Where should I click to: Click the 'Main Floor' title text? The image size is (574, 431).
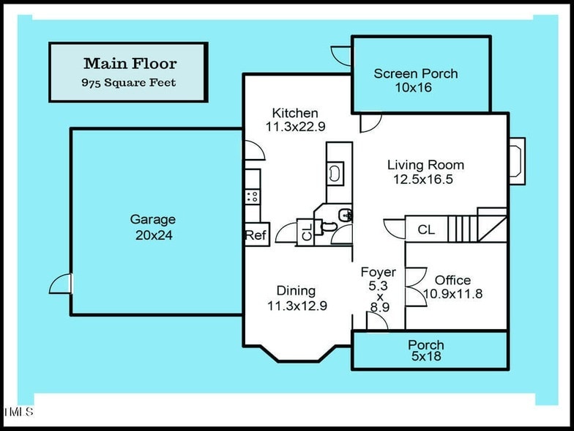point(130,64)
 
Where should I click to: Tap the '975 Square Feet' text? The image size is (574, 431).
point(128,83)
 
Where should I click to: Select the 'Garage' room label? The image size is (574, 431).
point(153,219)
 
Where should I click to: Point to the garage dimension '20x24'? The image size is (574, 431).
point(154,235)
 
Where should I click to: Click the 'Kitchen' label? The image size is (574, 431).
point(295,113)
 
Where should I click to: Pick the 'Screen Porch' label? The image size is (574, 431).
point(415,73)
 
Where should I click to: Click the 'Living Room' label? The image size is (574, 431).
point(425,165)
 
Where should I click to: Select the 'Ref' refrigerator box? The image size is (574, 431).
point(255,235)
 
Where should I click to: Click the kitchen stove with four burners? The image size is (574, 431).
point(252,196)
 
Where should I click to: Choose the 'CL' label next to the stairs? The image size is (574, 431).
point(426,229)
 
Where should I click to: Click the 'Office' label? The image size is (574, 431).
point(452,280)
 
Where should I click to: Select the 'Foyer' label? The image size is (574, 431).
point(379,273)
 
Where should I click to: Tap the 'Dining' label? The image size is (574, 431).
point(296,290)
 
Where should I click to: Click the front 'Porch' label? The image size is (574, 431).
point(426,345)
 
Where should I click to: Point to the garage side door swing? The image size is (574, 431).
point(61,284)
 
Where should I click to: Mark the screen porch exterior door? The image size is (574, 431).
point(342,56)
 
